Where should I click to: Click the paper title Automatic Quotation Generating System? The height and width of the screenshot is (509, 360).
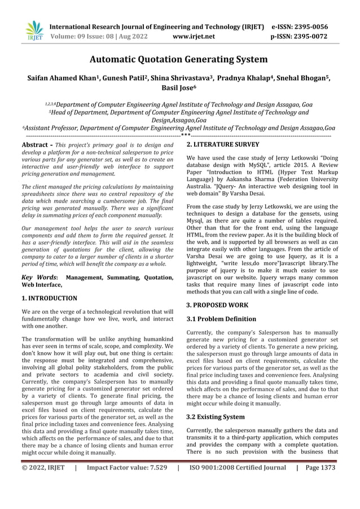(180, 59)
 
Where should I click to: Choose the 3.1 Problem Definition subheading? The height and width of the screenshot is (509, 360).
(221, 319)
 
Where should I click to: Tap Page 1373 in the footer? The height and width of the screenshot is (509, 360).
(320, 468)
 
